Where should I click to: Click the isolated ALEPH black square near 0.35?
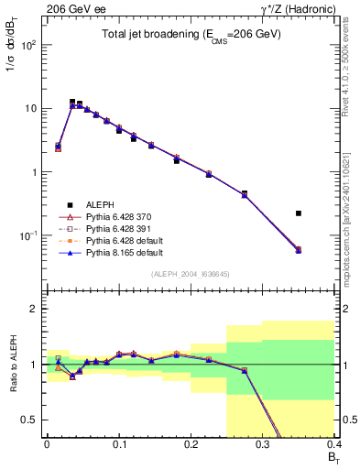(x=299, y=213)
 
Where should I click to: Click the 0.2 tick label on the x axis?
(x=191, y=442)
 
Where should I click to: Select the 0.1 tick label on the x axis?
(x=118, y=442)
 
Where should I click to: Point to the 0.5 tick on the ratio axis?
(x=32, y=420)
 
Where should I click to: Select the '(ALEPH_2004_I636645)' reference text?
(x=191, y=275)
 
